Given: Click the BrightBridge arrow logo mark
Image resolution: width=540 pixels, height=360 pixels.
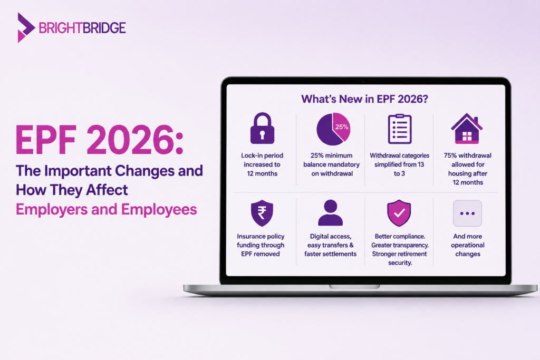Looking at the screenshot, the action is pyautogui.click(x=25, y=27).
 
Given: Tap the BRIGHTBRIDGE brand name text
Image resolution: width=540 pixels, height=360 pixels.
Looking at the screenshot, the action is pyautogui.click(x=82, y=28).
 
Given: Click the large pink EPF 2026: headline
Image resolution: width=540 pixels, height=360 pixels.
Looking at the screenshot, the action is pyautogui.click(x=100, y=140).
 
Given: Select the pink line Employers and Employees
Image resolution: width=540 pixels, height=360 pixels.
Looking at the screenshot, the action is pyautogui.click(x=107, y=209).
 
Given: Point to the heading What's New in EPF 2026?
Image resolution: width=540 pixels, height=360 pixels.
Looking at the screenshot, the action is pyautogui.click(x=365, y=99).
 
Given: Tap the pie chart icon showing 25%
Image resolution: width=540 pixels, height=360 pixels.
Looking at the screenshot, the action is pyautogui.click(x=333, y=129).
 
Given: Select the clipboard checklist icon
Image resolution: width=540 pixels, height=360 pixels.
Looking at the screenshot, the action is pyautogui.click(x=400, y=129).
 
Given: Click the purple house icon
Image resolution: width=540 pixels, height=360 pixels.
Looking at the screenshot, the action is pyautogui.click(x=467, y=128).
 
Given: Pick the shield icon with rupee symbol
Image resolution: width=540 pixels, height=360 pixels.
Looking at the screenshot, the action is pyautogui.click(x=262, y=213).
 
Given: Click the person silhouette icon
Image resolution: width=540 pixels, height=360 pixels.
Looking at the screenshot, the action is pyautogui.click(x=330, y=213).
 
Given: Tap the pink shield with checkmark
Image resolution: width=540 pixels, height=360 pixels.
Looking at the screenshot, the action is pyautogui.click(x=399, y=213).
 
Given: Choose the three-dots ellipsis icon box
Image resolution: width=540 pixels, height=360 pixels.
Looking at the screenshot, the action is pyautogui.click(x=467, y=213).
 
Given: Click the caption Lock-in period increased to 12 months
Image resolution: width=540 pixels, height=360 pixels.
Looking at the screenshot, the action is pyautogui.click(x=262, y=164).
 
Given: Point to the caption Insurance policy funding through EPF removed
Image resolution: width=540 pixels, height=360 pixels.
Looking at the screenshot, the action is pyautogui.click(x=261, y=245).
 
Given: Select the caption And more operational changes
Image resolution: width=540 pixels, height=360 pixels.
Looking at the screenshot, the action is pyautogui.click(x=467, y=245).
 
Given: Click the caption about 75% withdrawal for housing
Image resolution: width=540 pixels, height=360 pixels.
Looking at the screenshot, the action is pyautogui.click(x=467, y=169).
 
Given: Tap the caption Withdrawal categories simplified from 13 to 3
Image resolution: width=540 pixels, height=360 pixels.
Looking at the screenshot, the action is pyautogui.click(x=400, y=164).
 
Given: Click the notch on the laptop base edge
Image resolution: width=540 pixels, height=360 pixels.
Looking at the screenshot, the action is pyautogui.click(x=354, y=287).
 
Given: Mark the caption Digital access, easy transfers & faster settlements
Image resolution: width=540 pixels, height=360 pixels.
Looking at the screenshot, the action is pyautogui.click(x=330, y=245).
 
